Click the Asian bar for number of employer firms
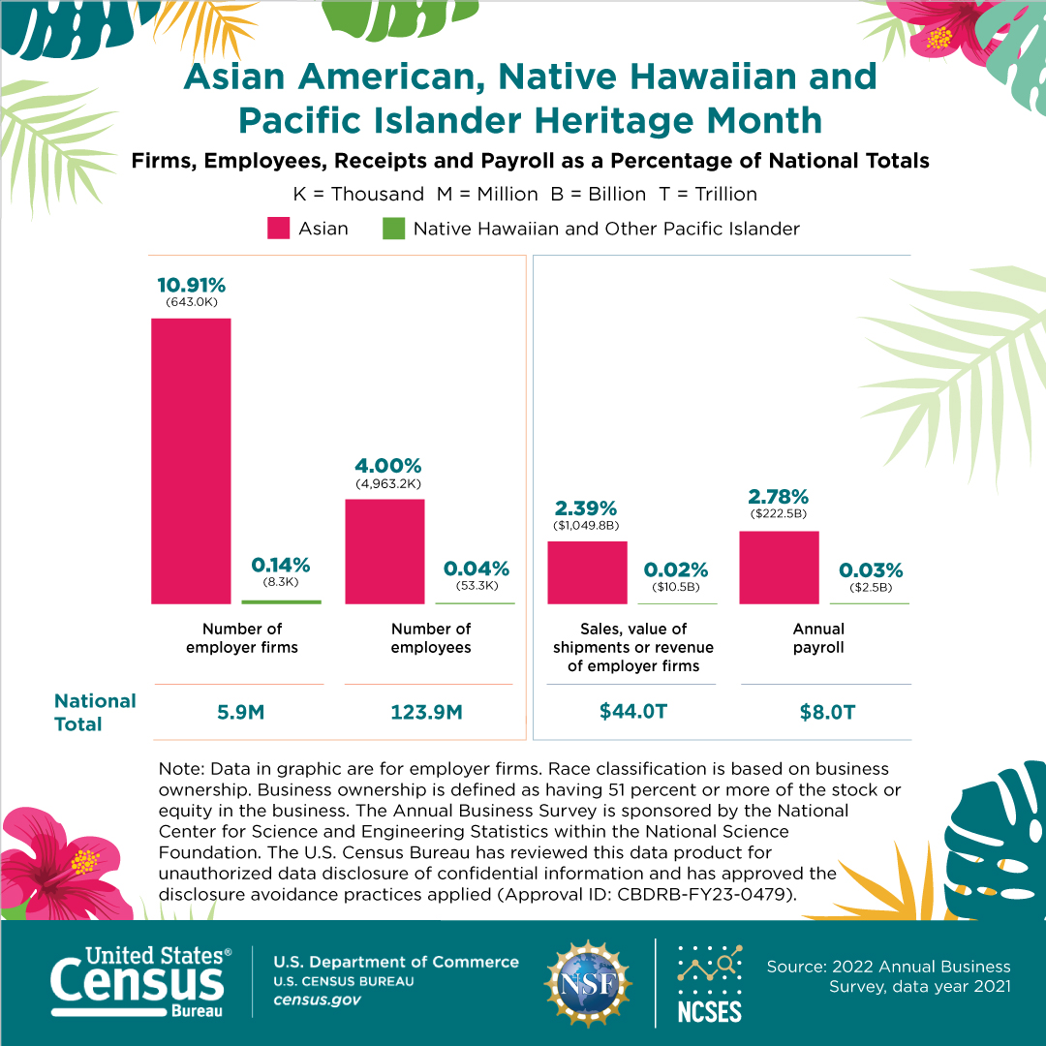click(191, 461)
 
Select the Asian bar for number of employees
click(385, 552)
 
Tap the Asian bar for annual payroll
click(779, 568)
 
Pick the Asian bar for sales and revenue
click(587, 572)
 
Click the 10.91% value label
click(192, 286)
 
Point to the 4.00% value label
click(388, 466)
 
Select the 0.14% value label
click(281, 565)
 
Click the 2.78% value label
click(779, 496)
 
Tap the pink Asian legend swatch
click(278, 229)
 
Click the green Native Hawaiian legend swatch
click(393, 229)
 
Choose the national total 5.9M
click(241, 713)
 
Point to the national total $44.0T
click(633, 711)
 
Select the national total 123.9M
click(427, 713)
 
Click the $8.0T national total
click(827, 713)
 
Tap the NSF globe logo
click(588, 983)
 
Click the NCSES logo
click(710, 984)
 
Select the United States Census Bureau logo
click(140, 982)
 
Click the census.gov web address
click(317, 1000)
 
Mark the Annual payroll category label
click(818, 638)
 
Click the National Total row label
click(95, 713)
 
